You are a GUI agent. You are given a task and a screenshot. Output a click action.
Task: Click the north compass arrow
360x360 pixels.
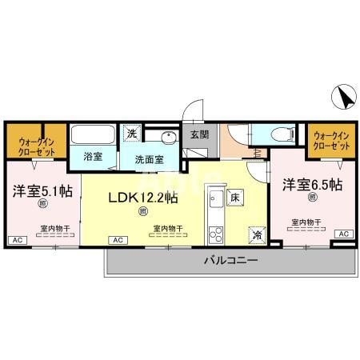pyautogui.click(x=344, y=98)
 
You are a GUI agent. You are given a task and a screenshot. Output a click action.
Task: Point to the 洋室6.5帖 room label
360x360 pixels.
pyautogui.click(x=311, y=184)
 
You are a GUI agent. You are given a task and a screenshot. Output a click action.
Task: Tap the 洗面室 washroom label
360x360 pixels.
pyautogui.click(x=149, y=158)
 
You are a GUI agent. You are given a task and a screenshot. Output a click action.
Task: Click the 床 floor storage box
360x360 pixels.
pyautogui.click(x=235, y=196)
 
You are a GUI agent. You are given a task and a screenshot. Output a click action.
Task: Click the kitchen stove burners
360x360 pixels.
pyautogui.click(x=215, y=234)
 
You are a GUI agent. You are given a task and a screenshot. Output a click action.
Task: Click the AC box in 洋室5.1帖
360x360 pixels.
pyautogui.click(x=15, y=239)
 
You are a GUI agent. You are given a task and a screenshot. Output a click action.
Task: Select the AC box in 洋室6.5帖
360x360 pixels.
pyautogui.click(x=343, y=233)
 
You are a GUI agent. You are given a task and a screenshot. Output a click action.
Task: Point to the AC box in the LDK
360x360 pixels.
pyautogui.click(x=117, y=239)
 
